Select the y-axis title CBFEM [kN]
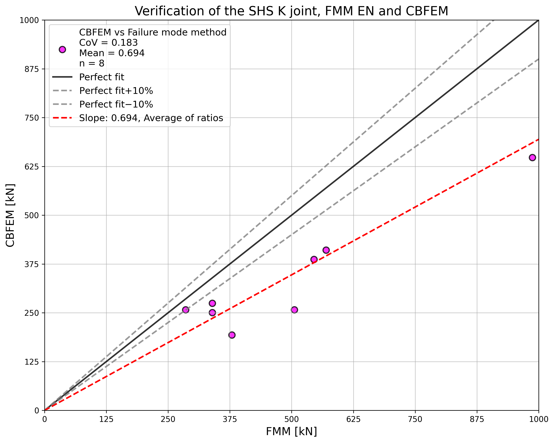[x=10, y=215]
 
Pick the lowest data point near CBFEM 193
[x=232, y=335]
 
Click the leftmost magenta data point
[x=186, y=310]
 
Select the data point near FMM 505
[x=295, y=310]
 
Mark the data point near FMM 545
[x=314, y=259]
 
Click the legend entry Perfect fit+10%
[x=116, y=91]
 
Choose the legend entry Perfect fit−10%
[x=116, y=104]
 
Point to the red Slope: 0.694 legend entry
[x=151, y=118]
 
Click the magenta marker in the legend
[x=62, y=50]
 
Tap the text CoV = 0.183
[x=108, y=43]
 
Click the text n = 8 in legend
[x=92, y=63]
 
